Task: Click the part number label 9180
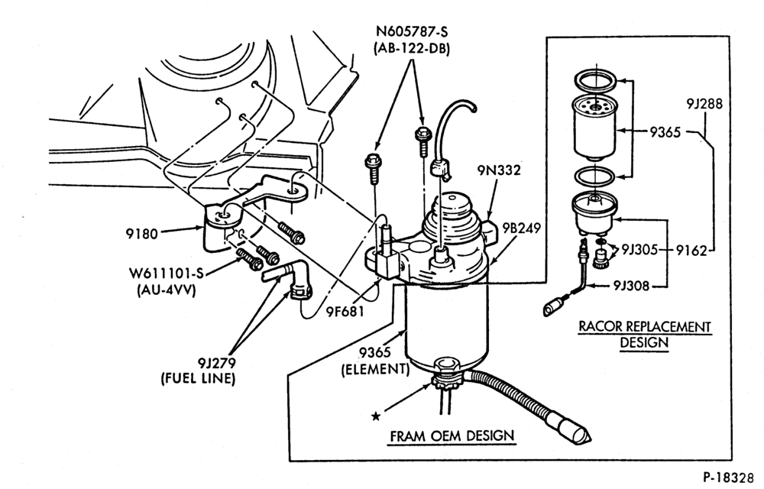coord(142,234)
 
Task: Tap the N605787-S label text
coord(411,31)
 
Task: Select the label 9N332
coord(498,170)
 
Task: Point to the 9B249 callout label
coord(523,228)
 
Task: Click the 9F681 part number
coord(345,310)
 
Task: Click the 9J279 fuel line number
coord(216,363)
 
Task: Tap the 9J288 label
coord(704,104)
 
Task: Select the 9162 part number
coord(691,251)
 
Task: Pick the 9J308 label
coord(632,286)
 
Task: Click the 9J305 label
coord(639,251)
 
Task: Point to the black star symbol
coord(376,416)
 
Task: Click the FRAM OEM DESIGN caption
coord(452,436)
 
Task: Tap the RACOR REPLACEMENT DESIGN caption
coord(645,334)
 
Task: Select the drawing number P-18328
coord(731,476)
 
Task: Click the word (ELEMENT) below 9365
coord(375,369)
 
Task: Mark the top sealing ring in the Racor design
coord(594,80)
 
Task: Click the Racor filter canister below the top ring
coord(594,128)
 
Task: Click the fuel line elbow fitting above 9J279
coord(293,280)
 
